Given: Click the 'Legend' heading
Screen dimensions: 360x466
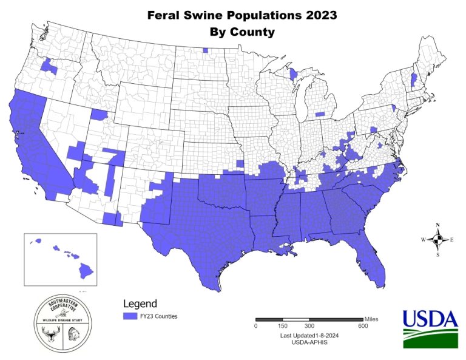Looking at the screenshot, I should click(140, 304).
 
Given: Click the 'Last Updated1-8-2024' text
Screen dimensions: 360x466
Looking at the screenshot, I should click(309, 336).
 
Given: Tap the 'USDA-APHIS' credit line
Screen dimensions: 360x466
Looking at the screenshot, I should click(309, 343).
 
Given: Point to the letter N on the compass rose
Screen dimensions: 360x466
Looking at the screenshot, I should click(437, 225).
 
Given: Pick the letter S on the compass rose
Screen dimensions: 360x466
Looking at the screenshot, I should click(437, 255).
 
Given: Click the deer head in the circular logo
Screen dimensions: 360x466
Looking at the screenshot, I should click(48, 333).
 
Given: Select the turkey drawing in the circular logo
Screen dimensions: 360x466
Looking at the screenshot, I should click(75, 335).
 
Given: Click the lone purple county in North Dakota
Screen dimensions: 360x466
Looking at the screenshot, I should click(206, 50).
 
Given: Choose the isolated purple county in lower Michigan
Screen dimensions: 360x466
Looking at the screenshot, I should click(320, 113).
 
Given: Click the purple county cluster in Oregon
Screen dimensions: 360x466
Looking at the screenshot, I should click(49, 66).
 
